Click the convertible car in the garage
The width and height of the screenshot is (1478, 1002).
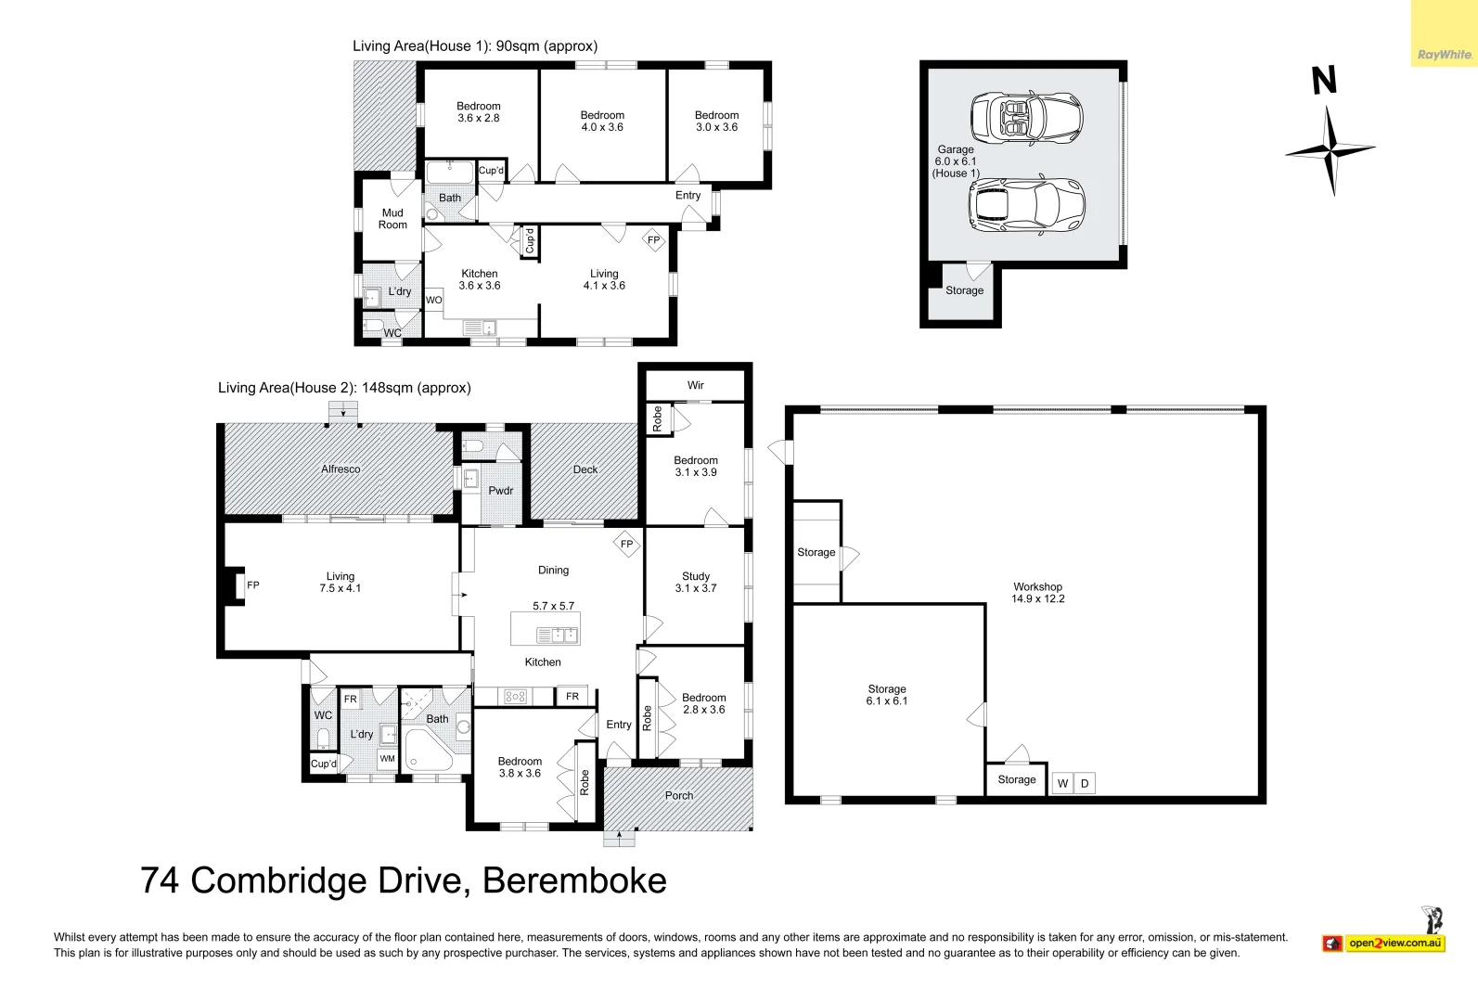click(x=1026, y=118)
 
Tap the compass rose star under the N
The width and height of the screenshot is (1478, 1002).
click(x=1330, y=151)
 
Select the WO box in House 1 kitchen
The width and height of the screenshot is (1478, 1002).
click(x=433, y=301)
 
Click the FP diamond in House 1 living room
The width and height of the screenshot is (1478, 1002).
click(x=653, y=240)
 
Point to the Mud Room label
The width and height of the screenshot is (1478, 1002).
click(x=392, y=218)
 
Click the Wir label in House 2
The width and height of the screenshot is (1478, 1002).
click(x=696, y=385)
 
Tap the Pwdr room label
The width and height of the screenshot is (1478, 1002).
click(x=501, y=491)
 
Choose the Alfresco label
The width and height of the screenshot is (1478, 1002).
click(x=341, y=469)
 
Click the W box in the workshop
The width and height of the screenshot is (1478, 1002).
click(x=1062, y=783)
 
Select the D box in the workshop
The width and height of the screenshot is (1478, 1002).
click(x=1085, y=783)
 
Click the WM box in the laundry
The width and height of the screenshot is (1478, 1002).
click(x=387, y=759)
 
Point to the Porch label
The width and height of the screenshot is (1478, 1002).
click(x=679, y=795)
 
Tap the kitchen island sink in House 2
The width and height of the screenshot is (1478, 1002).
click(x=559, y=636)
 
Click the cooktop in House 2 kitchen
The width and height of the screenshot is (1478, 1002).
click(x=515, y=696)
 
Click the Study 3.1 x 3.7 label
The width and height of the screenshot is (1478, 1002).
click(x=696, y=582)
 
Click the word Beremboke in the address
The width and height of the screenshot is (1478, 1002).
click(x=574, y=880)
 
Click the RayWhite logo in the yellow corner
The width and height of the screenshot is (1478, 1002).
click(x=1445, y=55)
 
